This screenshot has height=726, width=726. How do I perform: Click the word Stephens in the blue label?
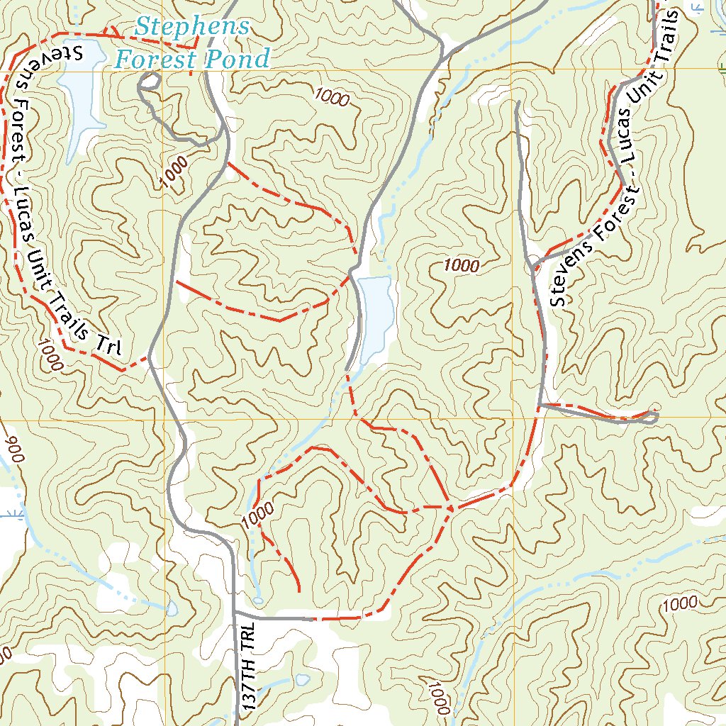pos(192,28)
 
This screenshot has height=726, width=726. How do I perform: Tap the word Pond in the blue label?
pos(243,59)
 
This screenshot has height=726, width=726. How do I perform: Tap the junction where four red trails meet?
pos(452,508)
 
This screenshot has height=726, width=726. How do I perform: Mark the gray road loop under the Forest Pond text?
pos(149,82)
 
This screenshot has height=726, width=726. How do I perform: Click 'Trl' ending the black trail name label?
pos(111,343)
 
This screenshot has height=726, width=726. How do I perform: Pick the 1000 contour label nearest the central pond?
pos(462,266)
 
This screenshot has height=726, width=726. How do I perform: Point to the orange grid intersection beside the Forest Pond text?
pos(163,69)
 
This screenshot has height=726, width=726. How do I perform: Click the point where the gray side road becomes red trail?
pos(312,618)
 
